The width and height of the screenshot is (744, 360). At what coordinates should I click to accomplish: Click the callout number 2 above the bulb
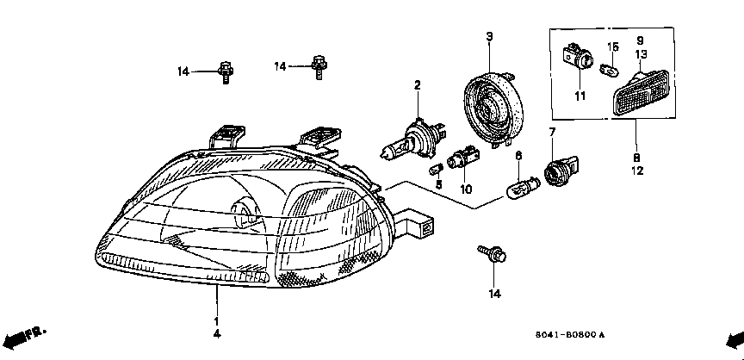417,85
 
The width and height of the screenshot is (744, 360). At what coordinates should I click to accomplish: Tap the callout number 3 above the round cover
488,35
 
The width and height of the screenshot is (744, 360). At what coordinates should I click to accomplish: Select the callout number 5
437,184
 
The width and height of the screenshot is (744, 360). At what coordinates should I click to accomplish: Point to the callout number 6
518,155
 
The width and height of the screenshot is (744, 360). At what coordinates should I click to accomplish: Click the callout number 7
552,132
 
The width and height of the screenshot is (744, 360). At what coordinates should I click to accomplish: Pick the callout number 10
466,188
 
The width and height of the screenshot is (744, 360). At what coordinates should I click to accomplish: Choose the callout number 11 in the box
579,95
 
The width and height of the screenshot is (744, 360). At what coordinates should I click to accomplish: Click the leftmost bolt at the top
225,71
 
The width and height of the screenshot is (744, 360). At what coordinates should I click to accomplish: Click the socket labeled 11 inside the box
577,59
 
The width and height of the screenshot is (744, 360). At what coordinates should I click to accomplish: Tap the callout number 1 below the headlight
216,320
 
